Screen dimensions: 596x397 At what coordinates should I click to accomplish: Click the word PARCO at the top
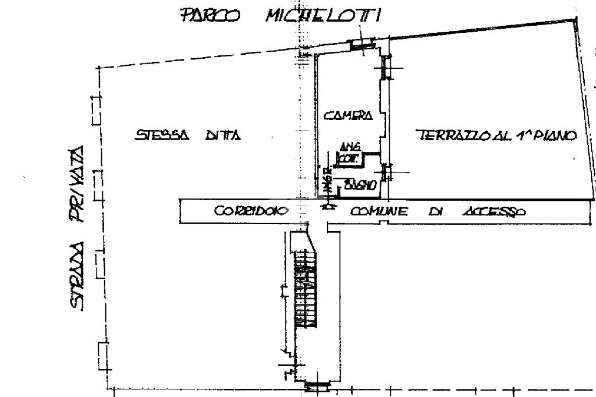click(x=210, y=15)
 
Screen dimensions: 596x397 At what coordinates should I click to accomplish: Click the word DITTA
click(x=223, y=136)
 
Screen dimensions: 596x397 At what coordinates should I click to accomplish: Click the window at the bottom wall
click(x=317, y=385)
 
